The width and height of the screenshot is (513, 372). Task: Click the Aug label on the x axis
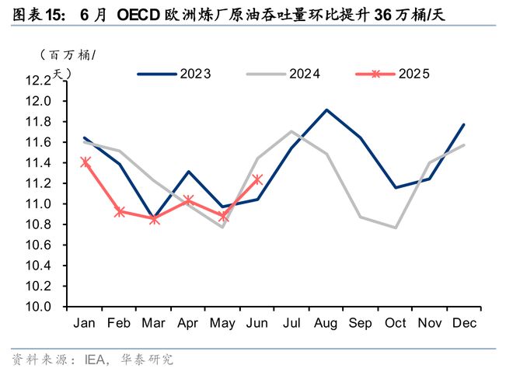[326, 322]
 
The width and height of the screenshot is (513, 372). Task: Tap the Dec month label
[464, 322]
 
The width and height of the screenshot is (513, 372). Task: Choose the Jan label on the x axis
[85, 322]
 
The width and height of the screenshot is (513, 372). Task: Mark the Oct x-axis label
[396, 322]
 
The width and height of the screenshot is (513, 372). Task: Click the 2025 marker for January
[85, 162]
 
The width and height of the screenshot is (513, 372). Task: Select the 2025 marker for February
[120, 211]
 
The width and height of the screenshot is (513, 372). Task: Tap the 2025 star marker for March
[154, 219]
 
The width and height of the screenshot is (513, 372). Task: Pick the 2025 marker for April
[189, 200]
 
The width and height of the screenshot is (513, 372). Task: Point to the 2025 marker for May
[223, 216]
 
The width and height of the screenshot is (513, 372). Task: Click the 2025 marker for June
[258, 179]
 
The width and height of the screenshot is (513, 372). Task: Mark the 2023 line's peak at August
[326, 110]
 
